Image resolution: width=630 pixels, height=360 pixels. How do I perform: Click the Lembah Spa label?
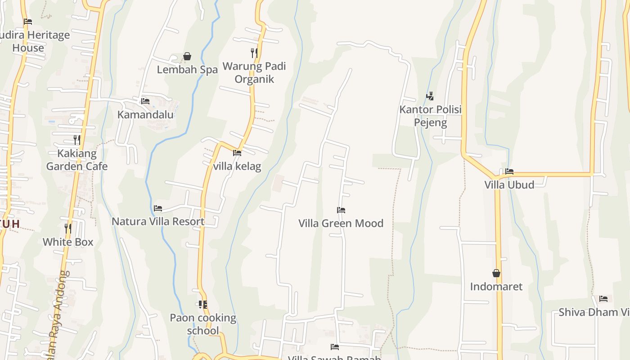click(x=187, y=70)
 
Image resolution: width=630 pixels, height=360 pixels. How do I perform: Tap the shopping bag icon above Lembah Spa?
click(x=187, y=56)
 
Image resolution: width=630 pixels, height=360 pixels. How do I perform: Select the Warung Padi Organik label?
click(x=254, y=72)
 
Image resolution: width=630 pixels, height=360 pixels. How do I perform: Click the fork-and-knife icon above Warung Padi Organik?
click(x=254, y=53)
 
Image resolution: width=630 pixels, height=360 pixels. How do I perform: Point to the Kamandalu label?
click(x=145, y=115)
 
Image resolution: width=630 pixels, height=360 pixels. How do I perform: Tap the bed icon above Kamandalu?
click(x=145, y=101)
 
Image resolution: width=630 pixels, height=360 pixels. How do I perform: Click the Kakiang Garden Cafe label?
click(x=77, y=160)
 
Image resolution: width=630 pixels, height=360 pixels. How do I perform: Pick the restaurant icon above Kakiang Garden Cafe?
click(x=77, y=139)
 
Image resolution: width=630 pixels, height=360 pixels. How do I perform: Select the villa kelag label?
click(x=237, y=166)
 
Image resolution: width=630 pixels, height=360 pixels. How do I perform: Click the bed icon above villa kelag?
click(x=237, y=153)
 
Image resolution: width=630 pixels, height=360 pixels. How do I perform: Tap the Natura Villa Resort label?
click(x=158, y=221)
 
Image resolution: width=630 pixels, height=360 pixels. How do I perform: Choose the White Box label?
click(x=68, y=242)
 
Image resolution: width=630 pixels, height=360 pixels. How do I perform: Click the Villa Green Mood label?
click(x=341, y=223)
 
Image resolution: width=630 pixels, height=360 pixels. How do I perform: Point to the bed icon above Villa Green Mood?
click(x=341, y=210)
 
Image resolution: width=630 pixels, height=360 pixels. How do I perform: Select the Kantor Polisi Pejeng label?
click(x=431, y=116)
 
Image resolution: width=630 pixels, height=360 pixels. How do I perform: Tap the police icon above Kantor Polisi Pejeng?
click(x=430, y=96)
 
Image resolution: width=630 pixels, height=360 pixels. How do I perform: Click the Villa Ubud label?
click(x=509, y=185)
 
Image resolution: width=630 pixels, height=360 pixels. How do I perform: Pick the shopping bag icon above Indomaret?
click(x=496, y=273)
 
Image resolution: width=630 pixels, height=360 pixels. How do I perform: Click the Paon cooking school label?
click(x=203, y=324)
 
